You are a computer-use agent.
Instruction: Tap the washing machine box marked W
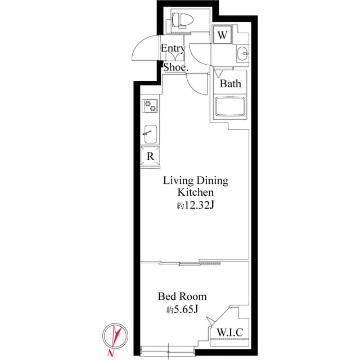pyautogui.click(x=223, y=35)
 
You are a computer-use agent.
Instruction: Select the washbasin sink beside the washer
pyautogui.click(x=243, y=55)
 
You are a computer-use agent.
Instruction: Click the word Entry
pyautogui.click(x=173, y=48)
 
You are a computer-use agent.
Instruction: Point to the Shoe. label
pyautogui.click(x=175, y=67)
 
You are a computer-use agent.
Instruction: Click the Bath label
pyautogui.click(x=230, y=84)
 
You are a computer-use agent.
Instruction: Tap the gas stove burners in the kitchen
pyautogui.click(x=150, y=104)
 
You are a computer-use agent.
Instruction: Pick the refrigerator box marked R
pyautogui.click(x=150, y=155)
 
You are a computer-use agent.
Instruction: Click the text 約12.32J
pyautogui.click(x=196, y=206)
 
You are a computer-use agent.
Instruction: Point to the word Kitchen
pyautogui.click(x=196, y=193)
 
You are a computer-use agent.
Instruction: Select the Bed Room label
pyautogui.click(x=182, y=296)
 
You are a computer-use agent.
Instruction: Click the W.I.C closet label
pyautogui.click(x=229, y=332)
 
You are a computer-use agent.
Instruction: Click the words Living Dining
pyautogui.click(x=196, y=181)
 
